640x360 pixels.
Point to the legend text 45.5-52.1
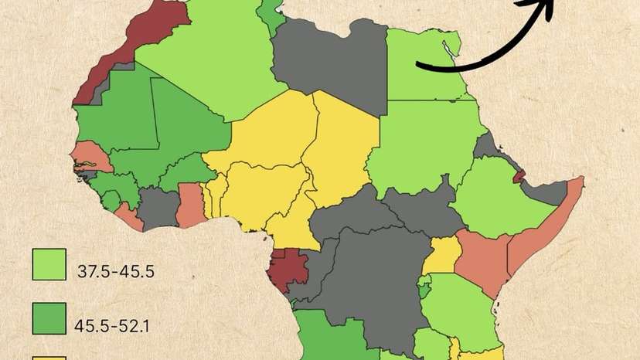[112, 325]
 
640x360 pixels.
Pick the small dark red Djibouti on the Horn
[519, 176]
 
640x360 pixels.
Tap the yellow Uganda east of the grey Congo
[443, 255]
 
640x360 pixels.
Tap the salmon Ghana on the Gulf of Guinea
[190, 205]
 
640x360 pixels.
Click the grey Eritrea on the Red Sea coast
[489, 146]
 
